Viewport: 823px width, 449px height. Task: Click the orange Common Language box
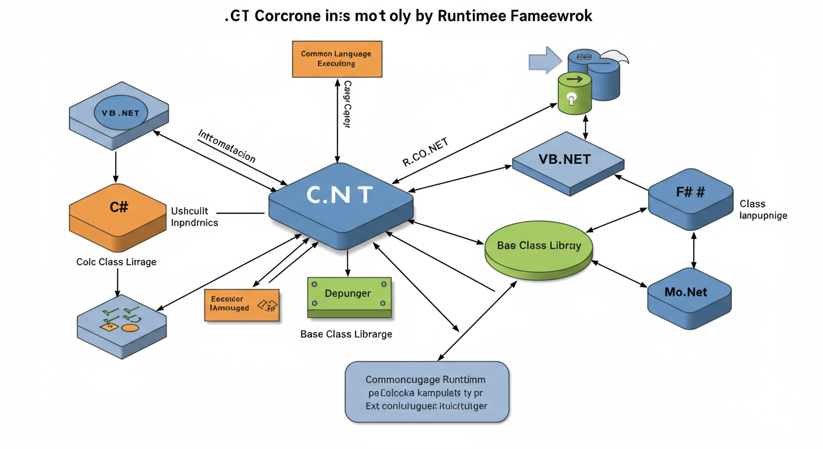pos(336,58)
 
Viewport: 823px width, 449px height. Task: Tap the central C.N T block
pos(340,196)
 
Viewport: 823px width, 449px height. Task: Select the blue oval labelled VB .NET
pos(120,113)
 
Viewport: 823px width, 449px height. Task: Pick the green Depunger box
pos(348,294)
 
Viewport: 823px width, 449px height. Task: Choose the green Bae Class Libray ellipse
pos(539,246)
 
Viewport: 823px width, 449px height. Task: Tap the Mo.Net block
pos(689,292)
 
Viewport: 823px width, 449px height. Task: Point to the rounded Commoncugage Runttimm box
pos(427,392)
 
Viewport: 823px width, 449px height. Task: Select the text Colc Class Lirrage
pos(116,262)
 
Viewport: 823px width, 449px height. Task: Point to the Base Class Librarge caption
pos(346,334)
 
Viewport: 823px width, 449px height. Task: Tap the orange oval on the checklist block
pos(130,327)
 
